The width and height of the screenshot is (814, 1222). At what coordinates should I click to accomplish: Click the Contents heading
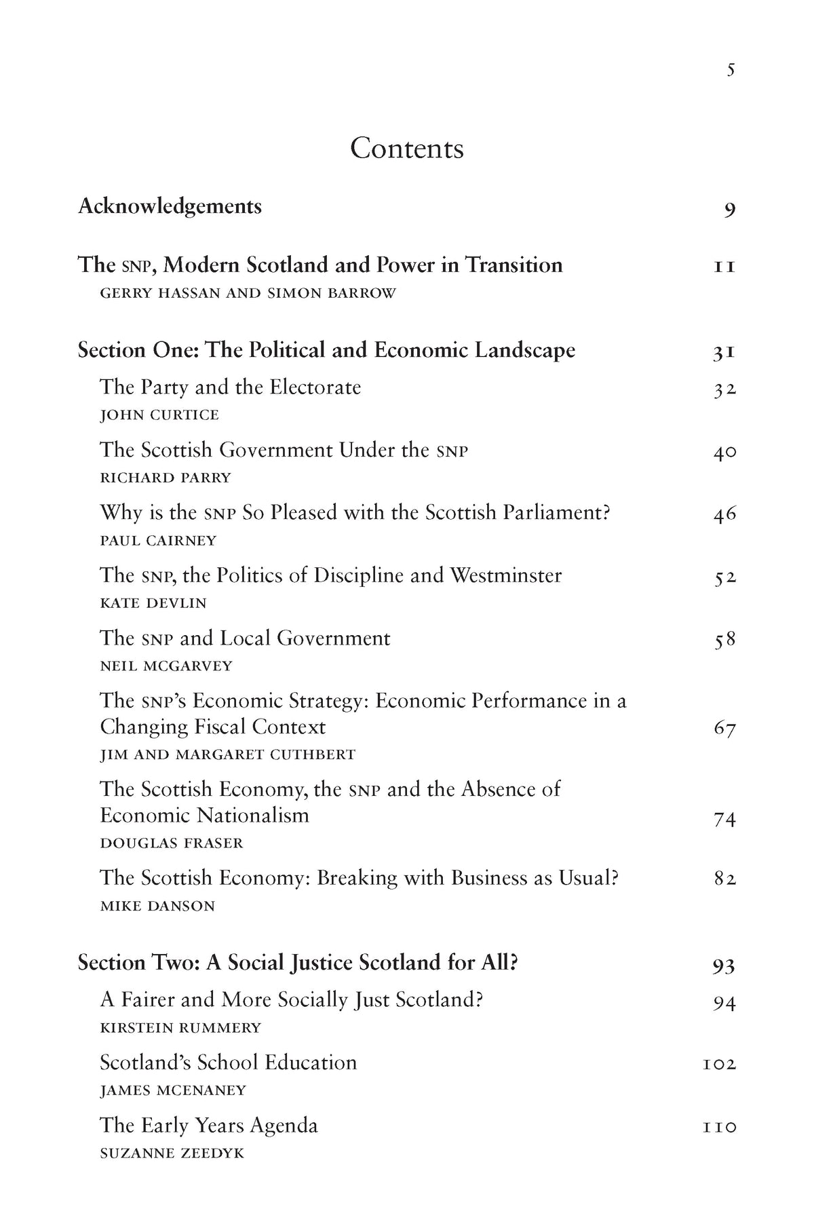click(x=406, y=149)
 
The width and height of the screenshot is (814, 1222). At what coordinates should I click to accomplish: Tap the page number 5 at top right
click(x=731, y=70)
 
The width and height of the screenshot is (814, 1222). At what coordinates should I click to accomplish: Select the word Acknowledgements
click(x=170, y=206)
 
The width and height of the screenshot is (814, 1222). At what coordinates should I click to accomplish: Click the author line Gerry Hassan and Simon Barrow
click(x=248, y=294)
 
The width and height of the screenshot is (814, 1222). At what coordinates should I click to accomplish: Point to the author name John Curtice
click(x=159, y=415)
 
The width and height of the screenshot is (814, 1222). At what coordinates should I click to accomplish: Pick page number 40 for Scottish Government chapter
click(x=724, y=452)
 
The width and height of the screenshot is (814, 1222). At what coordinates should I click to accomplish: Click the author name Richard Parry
click(x=166, y=478)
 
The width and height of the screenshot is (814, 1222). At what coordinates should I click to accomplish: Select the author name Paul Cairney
click(x=158, y=541)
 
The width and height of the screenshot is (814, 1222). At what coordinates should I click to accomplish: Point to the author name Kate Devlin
click(x=153, y=603)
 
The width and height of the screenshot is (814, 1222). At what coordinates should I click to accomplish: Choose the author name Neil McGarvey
click(x=166, y=666)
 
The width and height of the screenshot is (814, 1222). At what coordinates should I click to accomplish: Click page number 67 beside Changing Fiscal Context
click(x=724, y=729)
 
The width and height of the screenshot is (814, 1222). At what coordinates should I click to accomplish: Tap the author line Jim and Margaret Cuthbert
click(x=227, y=755)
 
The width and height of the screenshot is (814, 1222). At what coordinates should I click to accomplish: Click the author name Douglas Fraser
click(x=171, y=843)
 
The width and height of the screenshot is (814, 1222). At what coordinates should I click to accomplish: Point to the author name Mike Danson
click(x=157, y=906)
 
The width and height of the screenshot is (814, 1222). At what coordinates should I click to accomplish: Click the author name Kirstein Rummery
click(x=180, y=1028)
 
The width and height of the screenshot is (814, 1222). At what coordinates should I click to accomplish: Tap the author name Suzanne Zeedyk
click(x=172, y=1153)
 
